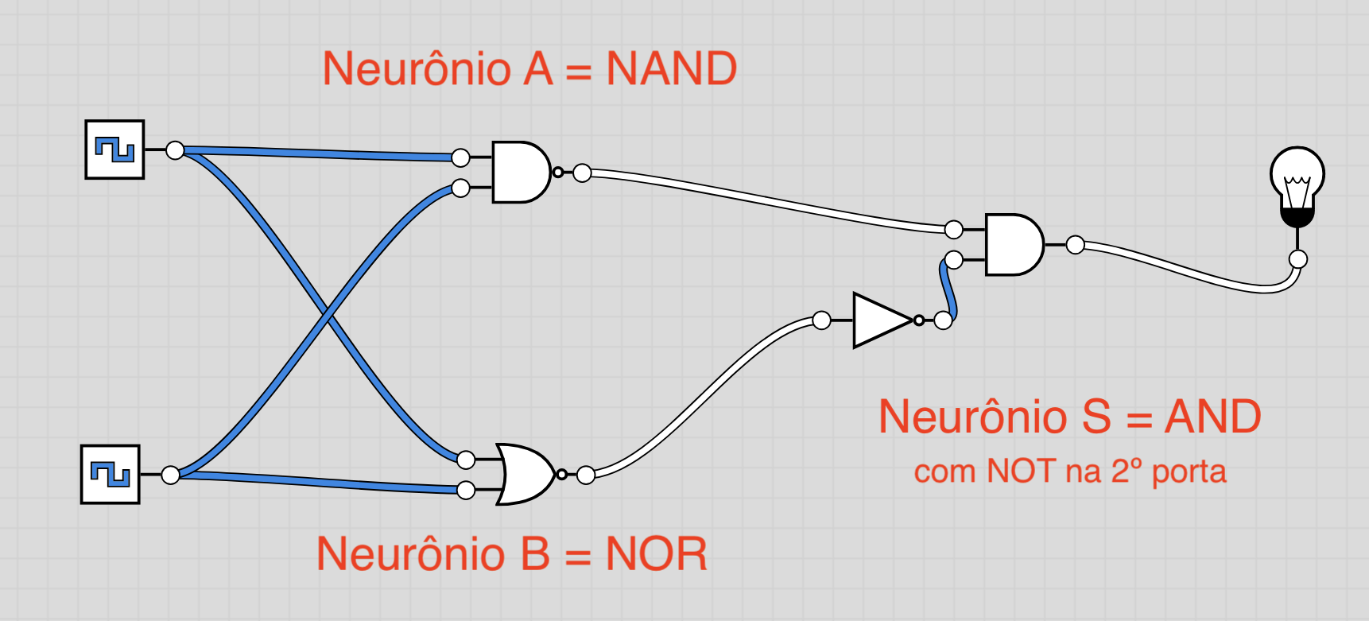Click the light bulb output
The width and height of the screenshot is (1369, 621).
click(x=1297, y=183)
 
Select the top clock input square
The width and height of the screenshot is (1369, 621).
click(x=115, y=149)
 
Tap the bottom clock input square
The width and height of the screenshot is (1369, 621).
click(x=111, y=475)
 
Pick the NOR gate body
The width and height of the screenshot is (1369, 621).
click(x=525, y=475)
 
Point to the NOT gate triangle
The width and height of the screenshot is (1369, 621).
click(x=879, y=320)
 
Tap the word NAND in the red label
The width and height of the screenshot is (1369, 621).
click(x=671, y=69)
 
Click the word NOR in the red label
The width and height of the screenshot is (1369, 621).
click(x=656, y=554)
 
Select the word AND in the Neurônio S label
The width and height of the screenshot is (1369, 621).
click(x=1212, y=417)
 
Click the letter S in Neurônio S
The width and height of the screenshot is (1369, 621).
click(x=1096, y=417)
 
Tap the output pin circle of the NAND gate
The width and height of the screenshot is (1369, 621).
click(x=582, y=173)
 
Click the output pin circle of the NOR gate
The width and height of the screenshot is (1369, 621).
click(x=586, y=475)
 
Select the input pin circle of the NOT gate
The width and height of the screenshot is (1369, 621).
click(x=822, y=320)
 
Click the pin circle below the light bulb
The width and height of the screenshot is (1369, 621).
click(x=1297, y=258)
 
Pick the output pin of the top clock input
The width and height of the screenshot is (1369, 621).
click(x=175, y=150)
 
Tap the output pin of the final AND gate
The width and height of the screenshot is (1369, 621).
click(x=1075, y=245)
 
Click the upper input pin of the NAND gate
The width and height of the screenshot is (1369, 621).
click(x=460, y=157)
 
